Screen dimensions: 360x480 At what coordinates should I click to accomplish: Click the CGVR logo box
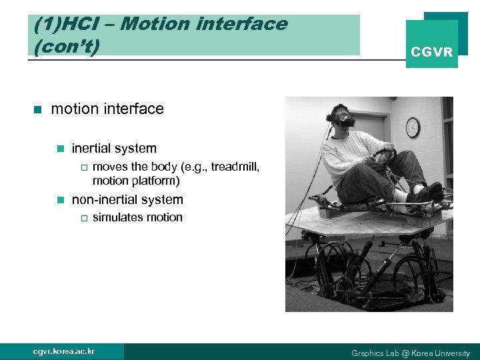pyautogui.click(x=431, y=44)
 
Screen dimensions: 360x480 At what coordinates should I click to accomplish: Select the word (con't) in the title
pyautogui.click(x=62, y=46)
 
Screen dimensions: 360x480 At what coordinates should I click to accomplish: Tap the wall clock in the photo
pyautogui.click(x=413, y=127)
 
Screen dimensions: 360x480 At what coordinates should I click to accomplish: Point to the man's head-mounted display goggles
pyautogui.click(x=343, y=122)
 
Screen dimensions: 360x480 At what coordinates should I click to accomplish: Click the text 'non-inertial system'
pyautogui.click(x=127, y=199)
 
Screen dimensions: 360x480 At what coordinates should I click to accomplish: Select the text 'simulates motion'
pyautogui.click(x=137, y=217)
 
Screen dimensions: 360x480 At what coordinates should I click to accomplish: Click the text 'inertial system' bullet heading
pyautogui.click(x=114, y=149)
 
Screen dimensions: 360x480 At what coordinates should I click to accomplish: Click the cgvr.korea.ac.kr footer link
pyautogui.click(x=64, y=351)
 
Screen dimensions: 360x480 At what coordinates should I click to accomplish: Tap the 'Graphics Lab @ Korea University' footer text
pyautogui.click(x=410, y=353)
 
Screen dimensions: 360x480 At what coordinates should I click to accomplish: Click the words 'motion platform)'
pyautogui.click(x=136, y=181)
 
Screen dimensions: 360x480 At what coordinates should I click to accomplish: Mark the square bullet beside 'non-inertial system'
pyautogui.click(x=60, y=200)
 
